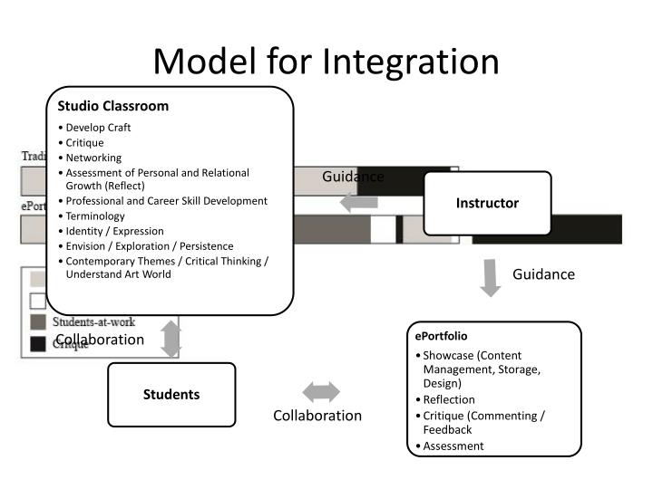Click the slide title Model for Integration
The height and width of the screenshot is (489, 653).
pos(326,61)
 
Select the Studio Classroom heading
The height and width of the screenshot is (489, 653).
pos(113,106)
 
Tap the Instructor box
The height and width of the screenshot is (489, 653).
pos(487,203)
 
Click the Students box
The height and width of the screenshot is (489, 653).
pos(171,394)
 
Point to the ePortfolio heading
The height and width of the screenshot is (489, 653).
pos(443,336)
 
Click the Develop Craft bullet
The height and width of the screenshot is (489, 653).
pos(98,128)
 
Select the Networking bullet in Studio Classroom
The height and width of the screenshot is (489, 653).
pos(93,158)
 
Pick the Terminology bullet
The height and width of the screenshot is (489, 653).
pos(95,216)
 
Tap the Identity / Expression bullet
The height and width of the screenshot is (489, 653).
pos(114,231)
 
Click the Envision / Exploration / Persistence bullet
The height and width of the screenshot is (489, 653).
pos(149,246)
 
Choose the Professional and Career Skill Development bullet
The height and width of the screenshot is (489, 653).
pos(166,201)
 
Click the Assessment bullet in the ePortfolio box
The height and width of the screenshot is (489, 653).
pos(453,446)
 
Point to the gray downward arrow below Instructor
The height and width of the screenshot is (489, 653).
pos(491,277)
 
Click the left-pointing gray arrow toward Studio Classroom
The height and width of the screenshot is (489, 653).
pos(358,203)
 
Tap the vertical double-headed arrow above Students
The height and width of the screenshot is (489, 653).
pos(171,340)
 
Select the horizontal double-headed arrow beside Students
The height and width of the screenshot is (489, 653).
pos(321,392)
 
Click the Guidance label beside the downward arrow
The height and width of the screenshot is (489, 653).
pos(544,274)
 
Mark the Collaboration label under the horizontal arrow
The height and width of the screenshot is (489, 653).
pos(317,416)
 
